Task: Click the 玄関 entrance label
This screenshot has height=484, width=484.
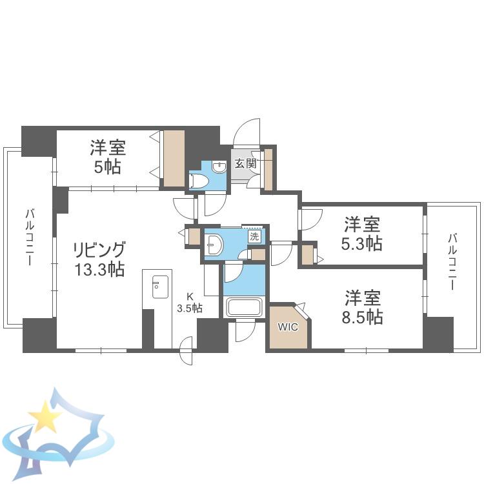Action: pos(246,163)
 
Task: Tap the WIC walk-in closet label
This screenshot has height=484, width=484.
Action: pos(288,327)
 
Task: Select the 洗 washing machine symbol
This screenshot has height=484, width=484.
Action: pos(254,237)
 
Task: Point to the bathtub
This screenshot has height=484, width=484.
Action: pos(244,307)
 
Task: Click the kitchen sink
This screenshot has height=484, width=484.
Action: pos(160,287)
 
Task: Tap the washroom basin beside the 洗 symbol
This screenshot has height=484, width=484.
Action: pos(214,245)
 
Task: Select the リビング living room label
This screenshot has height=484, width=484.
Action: pos(99,250)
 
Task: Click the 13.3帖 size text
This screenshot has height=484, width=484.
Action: pos(99,270)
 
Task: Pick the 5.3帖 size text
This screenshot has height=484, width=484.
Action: pos(362,244)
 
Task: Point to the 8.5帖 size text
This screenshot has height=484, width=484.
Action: pos(363,317)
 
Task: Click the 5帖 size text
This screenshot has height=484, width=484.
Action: pos(107,167)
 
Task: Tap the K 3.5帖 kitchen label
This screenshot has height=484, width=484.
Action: pos(190,303)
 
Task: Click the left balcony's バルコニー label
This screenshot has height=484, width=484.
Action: pos(30,237)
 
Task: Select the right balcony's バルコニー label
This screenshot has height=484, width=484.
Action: pos(452,262)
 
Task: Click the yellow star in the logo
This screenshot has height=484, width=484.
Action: pos(45,416)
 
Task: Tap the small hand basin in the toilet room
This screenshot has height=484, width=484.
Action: pos(219,167)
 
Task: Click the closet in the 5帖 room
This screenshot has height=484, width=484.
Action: pos(174,158)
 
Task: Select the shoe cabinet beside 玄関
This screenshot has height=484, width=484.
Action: pos(268,170)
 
